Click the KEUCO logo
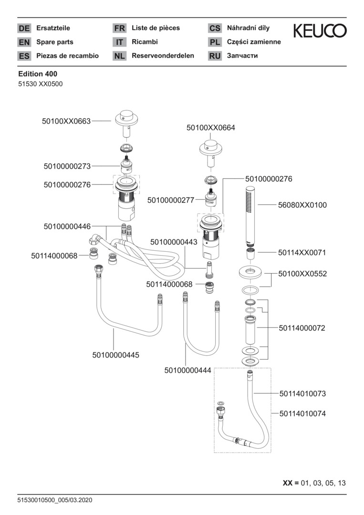320,31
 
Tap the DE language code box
24,29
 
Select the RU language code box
215,56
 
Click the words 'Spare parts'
55,42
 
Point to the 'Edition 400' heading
38,74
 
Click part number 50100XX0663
66,122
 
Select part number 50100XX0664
210,128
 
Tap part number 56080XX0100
302,205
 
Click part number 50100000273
67,166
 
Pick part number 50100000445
116,355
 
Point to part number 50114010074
303,414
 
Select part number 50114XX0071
302,252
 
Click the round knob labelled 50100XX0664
210,147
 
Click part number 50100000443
174,242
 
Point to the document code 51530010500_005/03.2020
55,500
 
